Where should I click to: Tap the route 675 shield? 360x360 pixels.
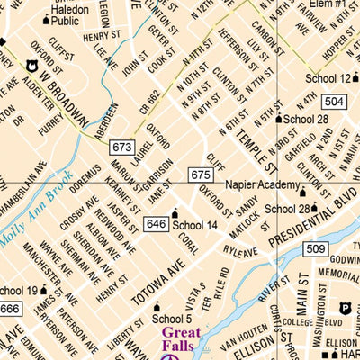[x=200, y=174]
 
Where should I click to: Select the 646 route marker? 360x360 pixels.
[x=155, y=223]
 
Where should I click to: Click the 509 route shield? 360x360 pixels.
[x=315, y=248]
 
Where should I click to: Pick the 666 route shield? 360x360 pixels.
[x=10, y=309]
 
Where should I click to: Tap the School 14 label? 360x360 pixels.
[x=195, y=225]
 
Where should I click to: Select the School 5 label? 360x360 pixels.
[x=173, y=318]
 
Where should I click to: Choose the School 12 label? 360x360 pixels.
[x=326, y=78]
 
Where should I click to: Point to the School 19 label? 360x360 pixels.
[x=18, y=291]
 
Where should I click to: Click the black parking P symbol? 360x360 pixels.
[x=344, y=309]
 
